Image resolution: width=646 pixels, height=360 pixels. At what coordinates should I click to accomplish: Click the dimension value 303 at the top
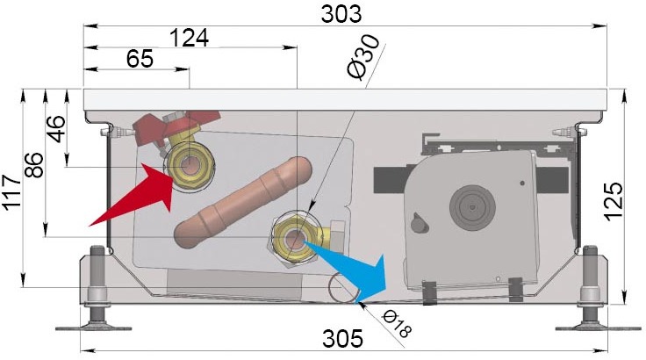coord(341,14)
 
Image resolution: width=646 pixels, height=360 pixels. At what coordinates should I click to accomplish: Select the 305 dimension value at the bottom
coord(342,339)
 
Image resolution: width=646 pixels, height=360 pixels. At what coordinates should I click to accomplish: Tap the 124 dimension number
coord(189,38)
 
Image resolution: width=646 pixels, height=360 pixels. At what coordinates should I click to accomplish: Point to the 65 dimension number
coord(140,59)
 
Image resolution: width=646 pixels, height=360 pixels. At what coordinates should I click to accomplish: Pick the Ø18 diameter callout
coord(397,324)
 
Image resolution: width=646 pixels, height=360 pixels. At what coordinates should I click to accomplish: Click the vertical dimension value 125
coord(614,202)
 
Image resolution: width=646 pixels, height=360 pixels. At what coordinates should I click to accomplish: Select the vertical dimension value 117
coord(12,192)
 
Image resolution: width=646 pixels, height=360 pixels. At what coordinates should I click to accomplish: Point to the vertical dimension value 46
coord(56,129)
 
